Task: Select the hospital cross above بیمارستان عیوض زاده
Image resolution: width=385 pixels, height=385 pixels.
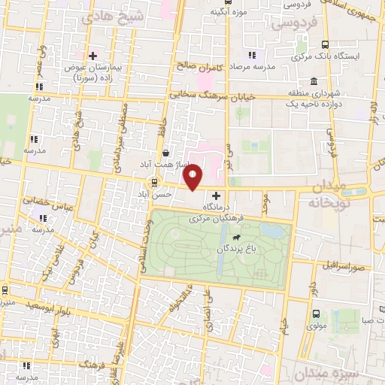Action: click(92, 56)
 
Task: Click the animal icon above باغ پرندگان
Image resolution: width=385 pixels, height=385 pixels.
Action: click(238, 238)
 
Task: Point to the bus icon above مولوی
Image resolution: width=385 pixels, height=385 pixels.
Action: click(315, 314)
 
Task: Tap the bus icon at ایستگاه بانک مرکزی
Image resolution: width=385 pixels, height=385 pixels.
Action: click(325, 45)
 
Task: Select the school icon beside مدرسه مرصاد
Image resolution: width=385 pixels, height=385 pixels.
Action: click(252, 55)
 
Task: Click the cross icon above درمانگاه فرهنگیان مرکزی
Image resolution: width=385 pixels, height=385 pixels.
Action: click(217, 196)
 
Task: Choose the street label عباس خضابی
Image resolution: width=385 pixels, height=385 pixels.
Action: click(42, 201)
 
